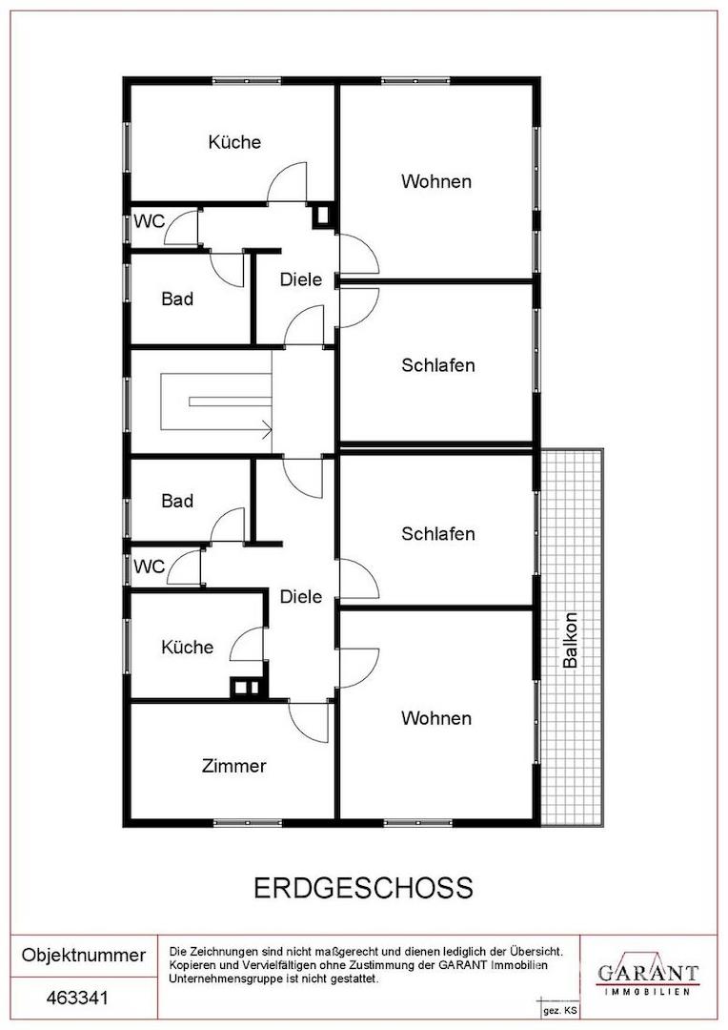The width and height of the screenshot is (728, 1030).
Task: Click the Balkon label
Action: point(570,640)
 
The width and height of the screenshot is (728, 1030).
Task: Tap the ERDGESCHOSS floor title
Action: point(363,888)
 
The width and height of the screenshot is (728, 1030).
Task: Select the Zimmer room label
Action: point(233,766)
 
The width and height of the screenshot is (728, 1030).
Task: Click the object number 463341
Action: point(77,998)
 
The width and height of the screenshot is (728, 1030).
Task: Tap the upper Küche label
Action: point(234,142)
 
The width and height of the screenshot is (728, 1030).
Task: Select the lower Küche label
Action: point(187,647)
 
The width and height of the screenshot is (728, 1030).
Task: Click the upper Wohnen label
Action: point(436,181)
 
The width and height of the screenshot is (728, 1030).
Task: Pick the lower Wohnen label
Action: point(436,718)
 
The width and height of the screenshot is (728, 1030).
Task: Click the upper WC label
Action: point(149,221)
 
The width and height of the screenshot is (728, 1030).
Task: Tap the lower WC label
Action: point(149,566)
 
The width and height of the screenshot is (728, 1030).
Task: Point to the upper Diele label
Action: point(301,279)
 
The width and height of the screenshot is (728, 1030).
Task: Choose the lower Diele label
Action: point(301,596)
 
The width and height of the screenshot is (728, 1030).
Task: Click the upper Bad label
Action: point(177,299)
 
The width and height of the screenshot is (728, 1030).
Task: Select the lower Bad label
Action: point(177,501)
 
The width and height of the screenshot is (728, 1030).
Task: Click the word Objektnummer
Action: point(83,955)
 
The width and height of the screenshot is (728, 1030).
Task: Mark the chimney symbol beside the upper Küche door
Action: point(323,215)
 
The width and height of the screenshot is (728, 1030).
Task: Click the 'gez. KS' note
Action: point(559,1011)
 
